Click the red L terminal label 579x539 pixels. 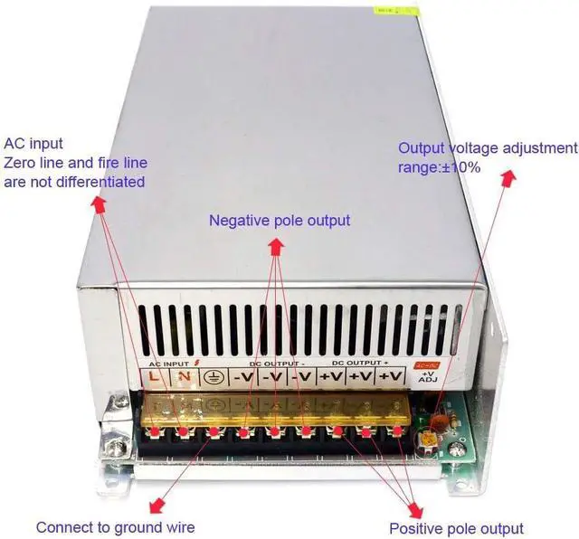click(155, 376)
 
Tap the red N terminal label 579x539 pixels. click(185, 376)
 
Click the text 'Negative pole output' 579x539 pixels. click(280, 220)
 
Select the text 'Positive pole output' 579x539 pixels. click(456, 528)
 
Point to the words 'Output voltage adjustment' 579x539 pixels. click(487, 147)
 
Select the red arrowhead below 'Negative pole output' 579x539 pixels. click(274, 245)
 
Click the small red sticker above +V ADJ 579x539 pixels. click(426, 364)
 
